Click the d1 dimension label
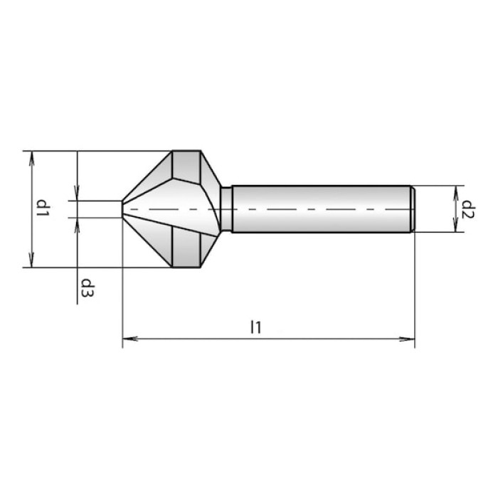43,208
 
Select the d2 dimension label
468,209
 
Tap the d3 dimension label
87,287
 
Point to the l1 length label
256,327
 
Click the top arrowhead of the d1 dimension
31,158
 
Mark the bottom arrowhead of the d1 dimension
31,260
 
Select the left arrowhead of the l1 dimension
130,339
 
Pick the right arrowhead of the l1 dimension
407,339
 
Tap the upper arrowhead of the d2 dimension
456,193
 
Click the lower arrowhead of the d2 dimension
456,225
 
